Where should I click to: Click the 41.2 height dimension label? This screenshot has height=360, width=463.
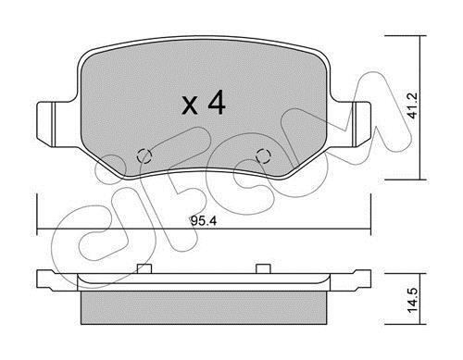coord(412,106)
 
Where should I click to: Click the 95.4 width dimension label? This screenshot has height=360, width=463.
coord(204,220)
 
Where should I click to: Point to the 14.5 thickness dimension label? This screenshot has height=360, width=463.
coord(412,300)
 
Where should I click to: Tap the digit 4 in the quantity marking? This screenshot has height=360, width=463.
coord(217,104)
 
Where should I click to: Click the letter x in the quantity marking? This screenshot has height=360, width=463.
coord(190,106)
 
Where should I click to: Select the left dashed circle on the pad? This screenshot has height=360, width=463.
coord(144,156)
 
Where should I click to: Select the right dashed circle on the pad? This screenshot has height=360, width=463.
coord(264,156)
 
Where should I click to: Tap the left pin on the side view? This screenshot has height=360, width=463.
coord(144,268)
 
